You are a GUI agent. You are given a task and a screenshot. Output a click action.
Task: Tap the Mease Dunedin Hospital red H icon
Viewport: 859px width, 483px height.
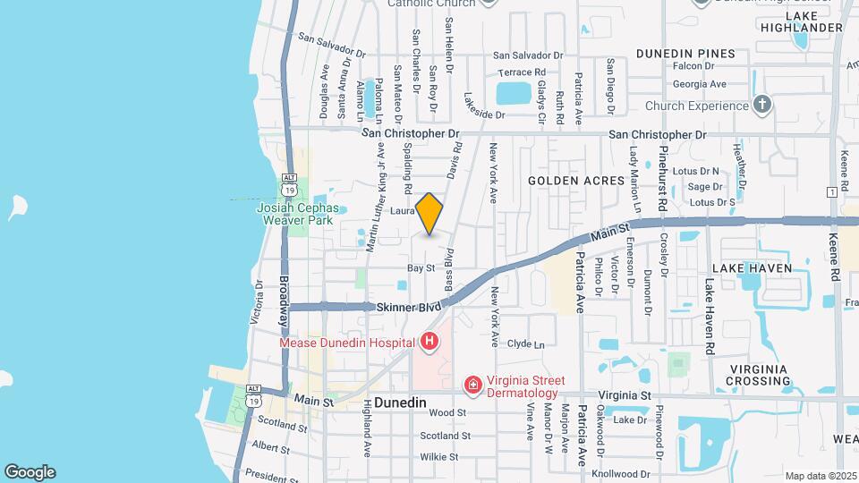[429, 342]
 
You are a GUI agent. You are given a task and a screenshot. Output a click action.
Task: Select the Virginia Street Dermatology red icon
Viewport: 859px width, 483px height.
[472, 385]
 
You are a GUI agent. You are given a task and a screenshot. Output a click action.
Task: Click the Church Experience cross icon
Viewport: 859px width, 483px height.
[761, 106]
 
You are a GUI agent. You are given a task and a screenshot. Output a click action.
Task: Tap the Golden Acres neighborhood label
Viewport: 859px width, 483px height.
[575, 181]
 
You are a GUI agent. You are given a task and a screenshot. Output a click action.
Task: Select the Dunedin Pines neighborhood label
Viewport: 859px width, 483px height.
[685, 54]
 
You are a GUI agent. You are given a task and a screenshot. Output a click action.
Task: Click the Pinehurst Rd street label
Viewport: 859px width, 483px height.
[663, 179]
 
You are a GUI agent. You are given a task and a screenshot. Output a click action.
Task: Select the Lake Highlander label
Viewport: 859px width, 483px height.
[814, 22]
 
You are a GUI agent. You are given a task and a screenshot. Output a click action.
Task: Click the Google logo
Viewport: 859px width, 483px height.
[30, 471]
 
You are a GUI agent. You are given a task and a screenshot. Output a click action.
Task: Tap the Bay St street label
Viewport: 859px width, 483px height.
[421, 267]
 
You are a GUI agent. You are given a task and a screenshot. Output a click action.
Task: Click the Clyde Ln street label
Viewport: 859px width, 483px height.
[525, 344]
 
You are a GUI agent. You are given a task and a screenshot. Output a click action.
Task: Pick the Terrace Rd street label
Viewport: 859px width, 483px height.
[522, 72]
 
